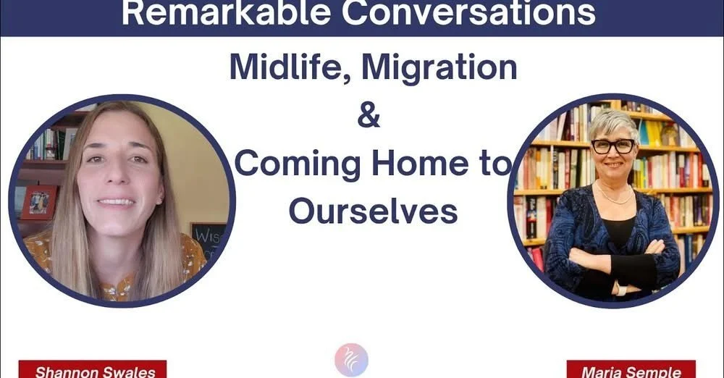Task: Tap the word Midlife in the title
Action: pyautogui.click(x=289, y=68)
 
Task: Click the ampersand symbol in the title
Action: pyautogui.click(x=369, y=116)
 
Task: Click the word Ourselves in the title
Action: pyautogui.click(x=373, y=211)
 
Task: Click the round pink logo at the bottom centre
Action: pyautogui.click(x=352, y=360)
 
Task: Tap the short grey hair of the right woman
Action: pyautogui.click(x=612, y=122)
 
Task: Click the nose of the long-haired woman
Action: pyautogui.click(x=117, y=178)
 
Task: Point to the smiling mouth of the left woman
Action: pyautogui.click(x=116, y=202)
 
